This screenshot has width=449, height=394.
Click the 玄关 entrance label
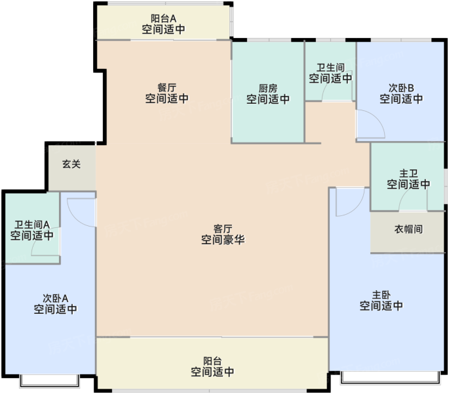point(71,164)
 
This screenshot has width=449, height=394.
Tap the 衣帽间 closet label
point(408,229)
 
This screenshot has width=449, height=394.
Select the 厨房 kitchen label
point(267,89)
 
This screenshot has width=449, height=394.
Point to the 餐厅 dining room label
point(166,87)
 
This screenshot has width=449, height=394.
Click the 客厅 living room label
point(223,229)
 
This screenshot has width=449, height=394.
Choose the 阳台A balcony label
point(163,18)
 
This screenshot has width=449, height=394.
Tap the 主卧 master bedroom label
point(381,295)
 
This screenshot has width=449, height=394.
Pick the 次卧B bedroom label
point(401,87)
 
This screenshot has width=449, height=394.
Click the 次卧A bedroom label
point(55,298)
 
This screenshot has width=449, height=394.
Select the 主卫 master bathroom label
point(408,173)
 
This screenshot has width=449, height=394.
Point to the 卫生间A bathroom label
point(31,225)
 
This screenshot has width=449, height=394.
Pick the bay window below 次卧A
point(49,380)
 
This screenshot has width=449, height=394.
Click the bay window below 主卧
point(391,378)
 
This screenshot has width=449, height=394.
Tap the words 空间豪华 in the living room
point(223,239)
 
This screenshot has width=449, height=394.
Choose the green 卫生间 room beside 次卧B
point(330,71)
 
